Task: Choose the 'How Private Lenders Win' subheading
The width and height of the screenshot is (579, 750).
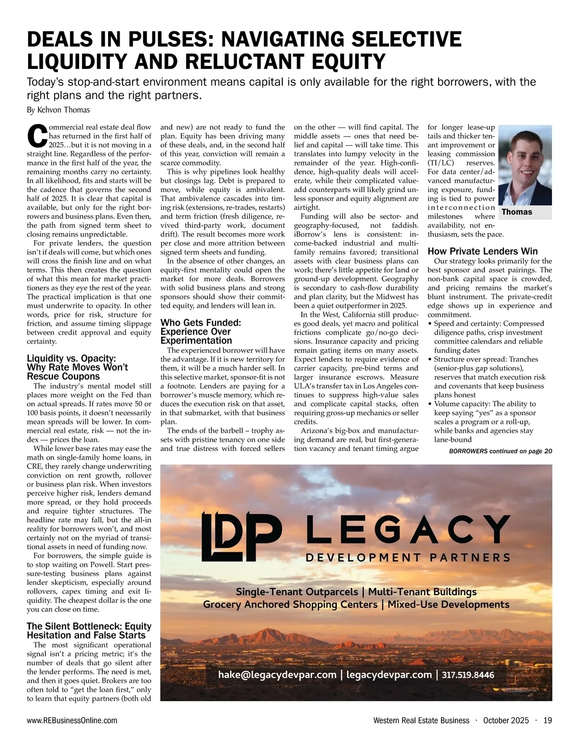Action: click(x=482, y=251)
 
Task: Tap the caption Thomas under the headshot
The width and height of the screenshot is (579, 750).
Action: click(x=517, y=212)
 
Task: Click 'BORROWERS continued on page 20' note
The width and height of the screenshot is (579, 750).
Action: click(x=500, y=451)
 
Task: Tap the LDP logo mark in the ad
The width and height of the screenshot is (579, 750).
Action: click(x=241, y=535)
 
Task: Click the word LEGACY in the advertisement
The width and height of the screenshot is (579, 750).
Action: click(x=408, y=529)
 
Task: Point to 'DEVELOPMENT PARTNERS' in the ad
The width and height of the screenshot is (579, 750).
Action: click(x=408, y=558)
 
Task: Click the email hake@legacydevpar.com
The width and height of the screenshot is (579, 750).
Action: click(x=277, y=675)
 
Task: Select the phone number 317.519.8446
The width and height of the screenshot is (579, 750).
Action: click(x=468, y=675)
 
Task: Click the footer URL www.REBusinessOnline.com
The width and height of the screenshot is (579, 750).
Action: click(x=72, y=721)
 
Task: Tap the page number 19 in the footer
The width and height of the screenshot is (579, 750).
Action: click(x=547, y=721)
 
